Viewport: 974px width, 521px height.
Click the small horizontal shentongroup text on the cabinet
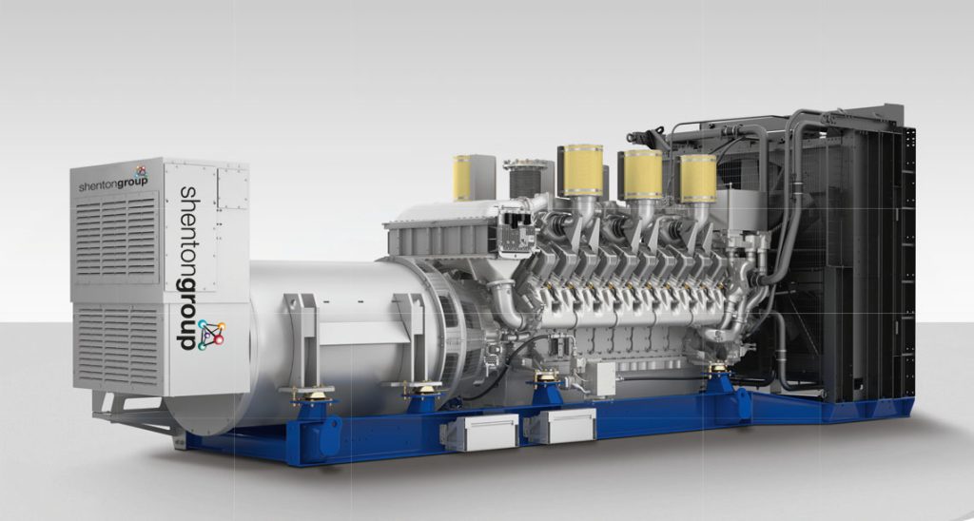click(x=113, y=183)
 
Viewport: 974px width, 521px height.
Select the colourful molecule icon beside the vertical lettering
click(x=212, y=334)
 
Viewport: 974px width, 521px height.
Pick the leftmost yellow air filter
click(x=461, y=178)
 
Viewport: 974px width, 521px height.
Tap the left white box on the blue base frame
click(x=479, y=433)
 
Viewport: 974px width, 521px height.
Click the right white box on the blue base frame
click(x=560, y=425)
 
